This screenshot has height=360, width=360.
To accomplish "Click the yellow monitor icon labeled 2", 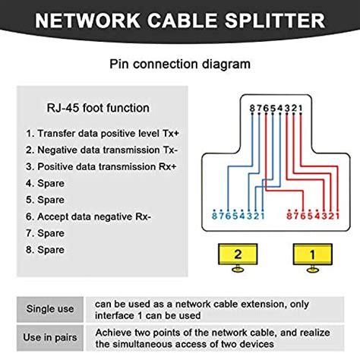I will [238, 256].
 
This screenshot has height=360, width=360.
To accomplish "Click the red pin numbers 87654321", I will [309, 216].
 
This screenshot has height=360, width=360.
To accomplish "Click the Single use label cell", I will [49, 310].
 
